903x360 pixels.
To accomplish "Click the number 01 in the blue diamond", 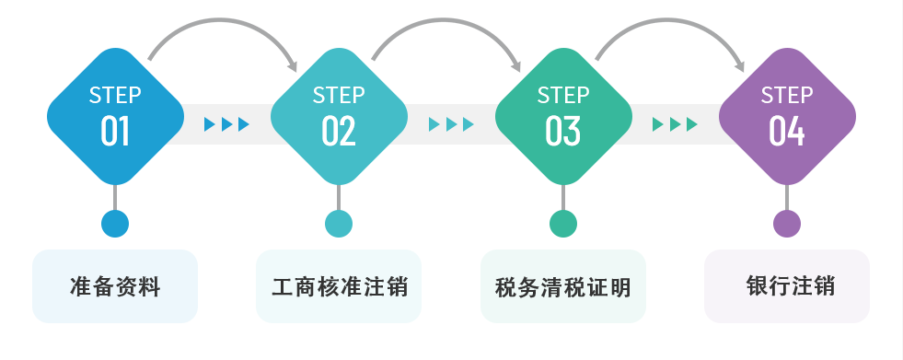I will click(x=115, y=131).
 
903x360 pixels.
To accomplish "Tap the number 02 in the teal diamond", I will click(x=339, y=131).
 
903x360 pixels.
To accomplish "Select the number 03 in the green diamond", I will click(x=563, y=131).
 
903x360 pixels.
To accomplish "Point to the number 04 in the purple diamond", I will click(x=787, y=131).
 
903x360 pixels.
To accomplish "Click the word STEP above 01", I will click(x=115, y=95).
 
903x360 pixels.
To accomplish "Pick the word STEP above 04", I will click(x=787, y=95).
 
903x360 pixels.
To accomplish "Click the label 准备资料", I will click(x=115, y=286).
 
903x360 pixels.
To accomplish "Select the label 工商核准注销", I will click(x=339, y=286).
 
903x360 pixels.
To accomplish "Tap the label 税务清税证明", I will click(x=562, y=287).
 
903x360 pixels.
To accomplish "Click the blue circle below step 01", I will click(x=115, y=224).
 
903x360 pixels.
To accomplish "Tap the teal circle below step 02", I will click(x=339, y=224).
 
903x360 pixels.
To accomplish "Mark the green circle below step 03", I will click(x=563, y=224).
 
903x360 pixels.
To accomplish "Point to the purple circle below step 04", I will click(x=787, y=224).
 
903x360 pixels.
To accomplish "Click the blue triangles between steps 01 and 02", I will click(x=226, y=124).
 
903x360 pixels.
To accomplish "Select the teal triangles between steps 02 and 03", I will click(x=451, y=124).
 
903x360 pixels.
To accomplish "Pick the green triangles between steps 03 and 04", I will click(x=675, y=124).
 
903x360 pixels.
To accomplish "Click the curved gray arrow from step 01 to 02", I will click(x=226, y=24).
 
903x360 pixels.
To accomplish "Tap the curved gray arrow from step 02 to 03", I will click(x=449, y=24).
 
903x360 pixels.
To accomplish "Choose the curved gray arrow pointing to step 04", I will click(x=673, y=24).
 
